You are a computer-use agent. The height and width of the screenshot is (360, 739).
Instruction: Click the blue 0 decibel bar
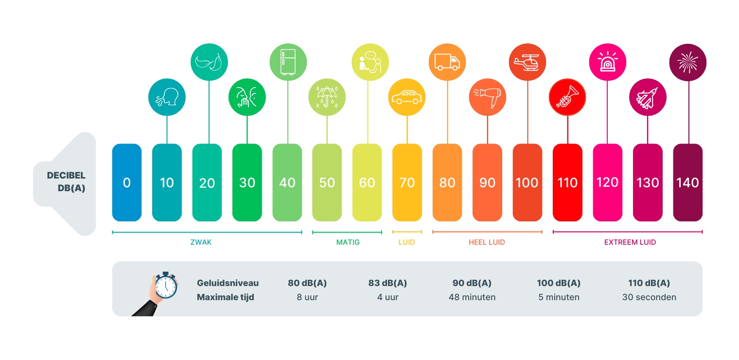pyautogui.click(x=127, y=182)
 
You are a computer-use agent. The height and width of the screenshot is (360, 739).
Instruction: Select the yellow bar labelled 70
pyautogui.click(x=407, y=182)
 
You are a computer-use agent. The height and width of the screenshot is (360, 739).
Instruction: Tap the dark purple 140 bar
pyautogui.click(x=687, y=182)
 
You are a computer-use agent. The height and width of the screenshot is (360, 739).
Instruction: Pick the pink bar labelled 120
pyautogui.click(x=607, y=182)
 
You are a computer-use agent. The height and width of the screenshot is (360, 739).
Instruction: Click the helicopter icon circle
pyautogui.click(x=527, y=62)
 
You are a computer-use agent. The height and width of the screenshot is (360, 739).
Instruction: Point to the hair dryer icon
pyautogui.click(x=487, y=97)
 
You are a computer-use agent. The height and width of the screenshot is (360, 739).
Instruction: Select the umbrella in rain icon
pyautogui.click(x=327, y=97)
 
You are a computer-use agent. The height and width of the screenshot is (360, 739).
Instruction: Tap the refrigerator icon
pyautogui.click(x=288, y=62)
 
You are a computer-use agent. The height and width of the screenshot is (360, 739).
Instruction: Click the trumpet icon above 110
pyautogui.click(x=567, y=97)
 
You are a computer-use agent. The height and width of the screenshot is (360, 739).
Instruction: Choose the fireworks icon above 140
pyautogui.click(x=688, y=62)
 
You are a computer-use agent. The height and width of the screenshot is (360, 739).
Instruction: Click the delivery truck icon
pyautogui.click(x=447, y=62)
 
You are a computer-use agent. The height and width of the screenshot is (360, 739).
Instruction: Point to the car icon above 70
pyautogui.click(x=407, y=97)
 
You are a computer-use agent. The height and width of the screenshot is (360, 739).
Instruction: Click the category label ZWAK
pyautogui.click(x=201, y=242)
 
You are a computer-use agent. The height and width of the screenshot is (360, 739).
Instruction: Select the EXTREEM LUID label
pyautogui.click(x=630, y=242)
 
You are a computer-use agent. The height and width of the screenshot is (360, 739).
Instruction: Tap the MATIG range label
pyautogui.click(x=348, y=242)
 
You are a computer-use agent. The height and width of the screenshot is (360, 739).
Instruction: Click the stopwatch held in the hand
pyautogui.click(x=166, y=285)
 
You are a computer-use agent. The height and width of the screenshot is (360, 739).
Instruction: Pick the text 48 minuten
pyautogui.click(x=472, y=297)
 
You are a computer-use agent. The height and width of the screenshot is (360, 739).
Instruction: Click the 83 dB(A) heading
pyautogui.click(x=387, y=283)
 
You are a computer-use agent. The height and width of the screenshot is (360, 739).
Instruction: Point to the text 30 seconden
pyautogui.click(x=649, y=297)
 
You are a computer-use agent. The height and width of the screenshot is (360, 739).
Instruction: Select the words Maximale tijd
pyautogui.click(x=225, y=297)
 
